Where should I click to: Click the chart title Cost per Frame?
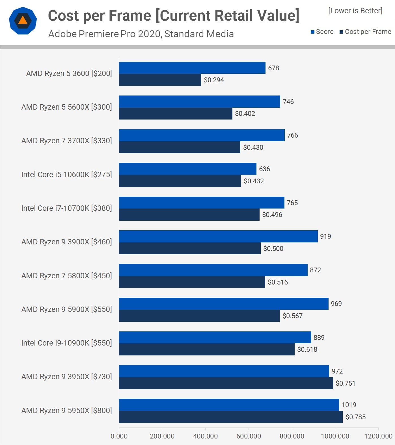pyautogui.click(x=173, y=16)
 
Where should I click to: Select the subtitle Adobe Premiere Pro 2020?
pyautogui.click(x=141, y=34)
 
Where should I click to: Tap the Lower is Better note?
pyautogui.click(x=355, y=11)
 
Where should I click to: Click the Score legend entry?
pyautogui.click(x=322, y=32)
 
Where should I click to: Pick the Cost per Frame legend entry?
pyautogui.click(x=365, y=32)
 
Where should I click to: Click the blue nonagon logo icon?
pyautogui.click(x=23, y=21)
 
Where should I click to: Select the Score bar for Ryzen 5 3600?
pyautogui.click(x=192, y=68)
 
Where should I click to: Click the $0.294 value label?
pyautogui.click(x=214, y=80)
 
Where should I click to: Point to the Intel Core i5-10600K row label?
pyautogui.click(x=66, y=175)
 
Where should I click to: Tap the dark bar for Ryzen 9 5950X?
pyautogui.click(x=230, y=417)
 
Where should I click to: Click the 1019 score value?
pyautogui.click(x=349, y=405)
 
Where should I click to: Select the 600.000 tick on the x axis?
pyautogui.click(x=249, y=436)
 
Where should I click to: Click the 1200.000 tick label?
pyautogui.click(x=378, y=436)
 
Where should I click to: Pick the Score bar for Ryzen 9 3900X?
pyautogui.click(x=218, y=236)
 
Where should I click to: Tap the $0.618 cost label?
pyautogui.click(x=307, y=350)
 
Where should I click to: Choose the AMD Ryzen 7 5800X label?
pyautogui.click(x=66, y=276)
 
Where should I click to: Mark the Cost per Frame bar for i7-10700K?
pyautogui.click(x=189, y=215)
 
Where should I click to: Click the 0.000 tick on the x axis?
pyautogui.click(x=119, y=436)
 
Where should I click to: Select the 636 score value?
pyautogui.click(x=264, y=169)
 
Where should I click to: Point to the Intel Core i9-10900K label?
pyautogui.click(x=66, y=343)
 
